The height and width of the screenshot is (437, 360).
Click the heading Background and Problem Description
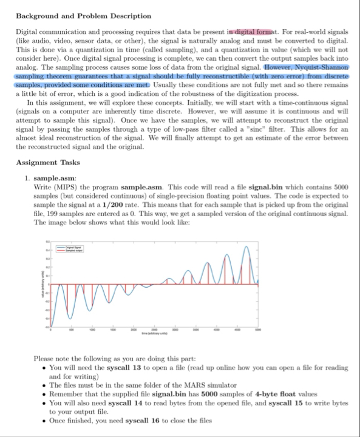coord(83,15)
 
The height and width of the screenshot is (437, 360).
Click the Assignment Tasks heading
coord(47,163)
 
